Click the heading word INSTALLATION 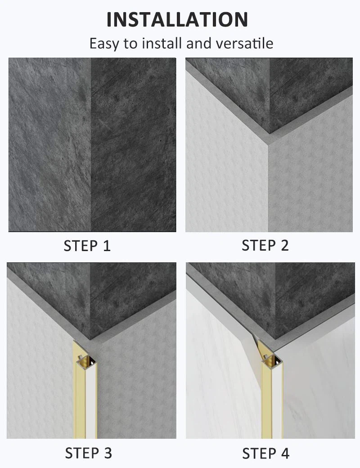click(x=177, y=19)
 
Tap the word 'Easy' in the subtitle click(x=104, y=44)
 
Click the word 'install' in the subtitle click(x=162, y=44)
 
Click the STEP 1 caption click(x=87, y=246)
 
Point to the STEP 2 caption click(x=265, y=246)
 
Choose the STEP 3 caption click(x=88, y=453)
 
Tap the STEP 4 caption click(x=265, y=453)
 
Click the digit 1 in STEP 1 click(x=107, y=246)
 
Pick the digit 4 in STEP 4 click(x=285, y=453)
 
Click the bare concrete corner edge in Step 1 click(x=91, y=144)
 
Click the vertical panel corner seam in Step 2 click(x=269, y=189)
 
